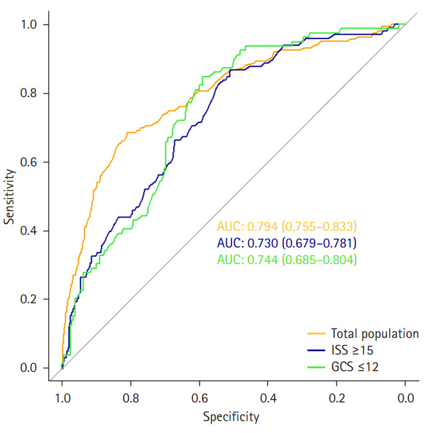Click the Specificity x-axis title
point(231,418)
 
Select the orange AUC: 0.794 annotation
point(287,226)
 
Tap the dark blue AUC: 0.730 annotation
point(287,243)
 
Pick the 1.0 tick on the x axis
point(62,398)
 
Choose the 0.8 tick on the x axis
point(130,398)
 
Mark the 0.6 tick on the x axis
point(199,398)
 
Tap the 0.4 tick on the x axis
point(268,398)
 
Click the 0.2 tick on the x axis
point(337,398)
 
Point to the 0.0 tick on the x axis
point(405,398)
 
